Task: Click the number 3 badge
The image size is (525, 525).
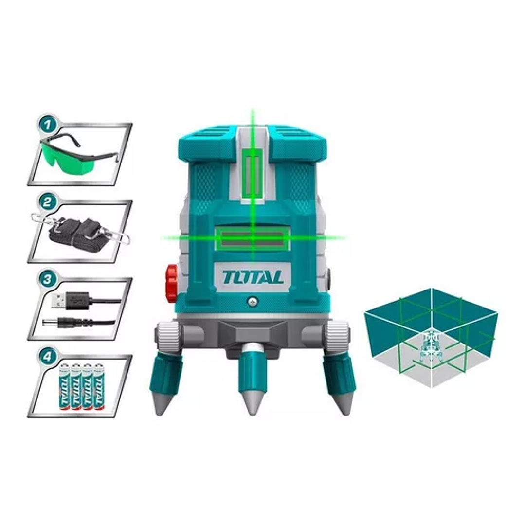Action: click(47, 280)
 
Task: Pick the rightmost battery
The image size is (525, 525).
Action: click(99, 386)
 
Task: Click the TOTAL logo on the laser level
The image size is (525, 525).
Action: click(253, 277)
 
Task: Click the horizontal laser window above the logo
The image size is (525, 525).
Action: click(252, 238)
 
